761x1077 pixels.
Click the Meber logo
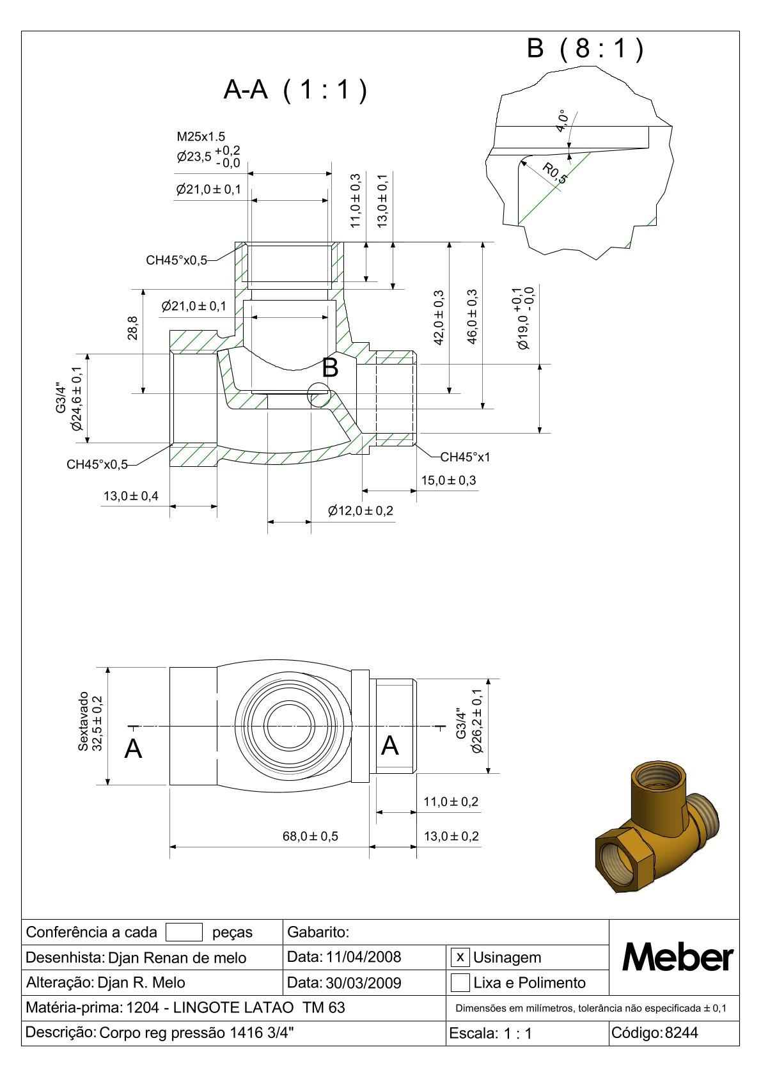click(x=677, y=957)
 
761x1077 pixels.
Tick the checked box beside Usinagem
click(x=460, y=957)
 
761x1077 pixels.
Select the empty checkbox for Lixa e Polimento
click(x=460, y=982)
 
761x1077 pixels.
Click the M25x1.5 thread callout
click(x=201, y=136)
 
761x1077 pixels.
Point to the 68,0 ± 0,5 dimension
click(x=310, y=836)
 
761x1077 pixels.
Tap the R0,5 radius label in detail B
click(x=554, y=173)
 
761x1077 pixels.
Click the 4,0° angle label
click(x=562, y=121)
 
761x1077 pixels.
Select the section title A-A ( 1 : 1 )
click(x=295, y=90)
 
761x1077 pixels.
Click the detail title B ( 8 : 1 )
click(x=584, y=49)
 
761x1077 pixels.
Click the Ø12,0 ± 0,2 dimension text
click(x=361, y=510)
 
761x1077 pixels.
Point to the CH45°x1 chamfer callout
click(x=465, y=457)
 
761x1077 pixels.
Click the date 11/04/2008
click(x=363, y=957)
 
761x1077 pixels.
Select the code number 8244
click(x=681, y=1032)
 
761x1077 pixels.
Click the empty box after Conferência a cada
click(x=184, y=932)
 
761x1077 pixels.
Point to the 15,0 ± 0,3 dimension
click(x=448, y=480)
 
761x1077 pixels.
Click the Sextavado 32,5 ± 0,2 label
click(x=90, y=721)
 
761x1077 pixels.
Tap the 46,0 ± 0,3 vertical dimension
click(x=473, y=317)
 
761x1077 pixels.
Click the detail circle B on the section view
click(x=319, y=395)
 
